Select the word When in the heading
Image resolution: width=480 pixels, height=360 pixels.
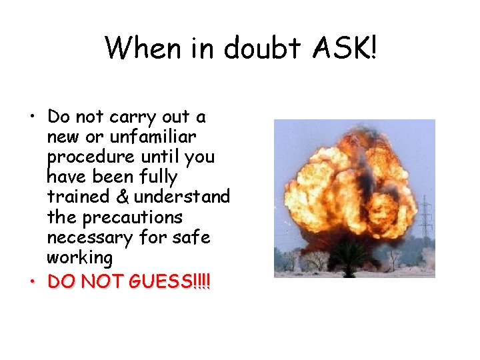(x=142, y=48)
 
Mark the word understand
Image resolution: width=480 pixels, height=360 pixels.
(x=181, y=197)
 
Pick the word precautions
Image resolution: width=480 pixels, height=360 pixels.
(x=131, y=217)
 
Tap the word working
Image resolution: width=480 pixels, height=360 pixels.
(x=80, y=257)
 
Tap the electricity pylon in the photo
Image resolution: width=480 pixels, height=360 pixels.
(x=424, y=220)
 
